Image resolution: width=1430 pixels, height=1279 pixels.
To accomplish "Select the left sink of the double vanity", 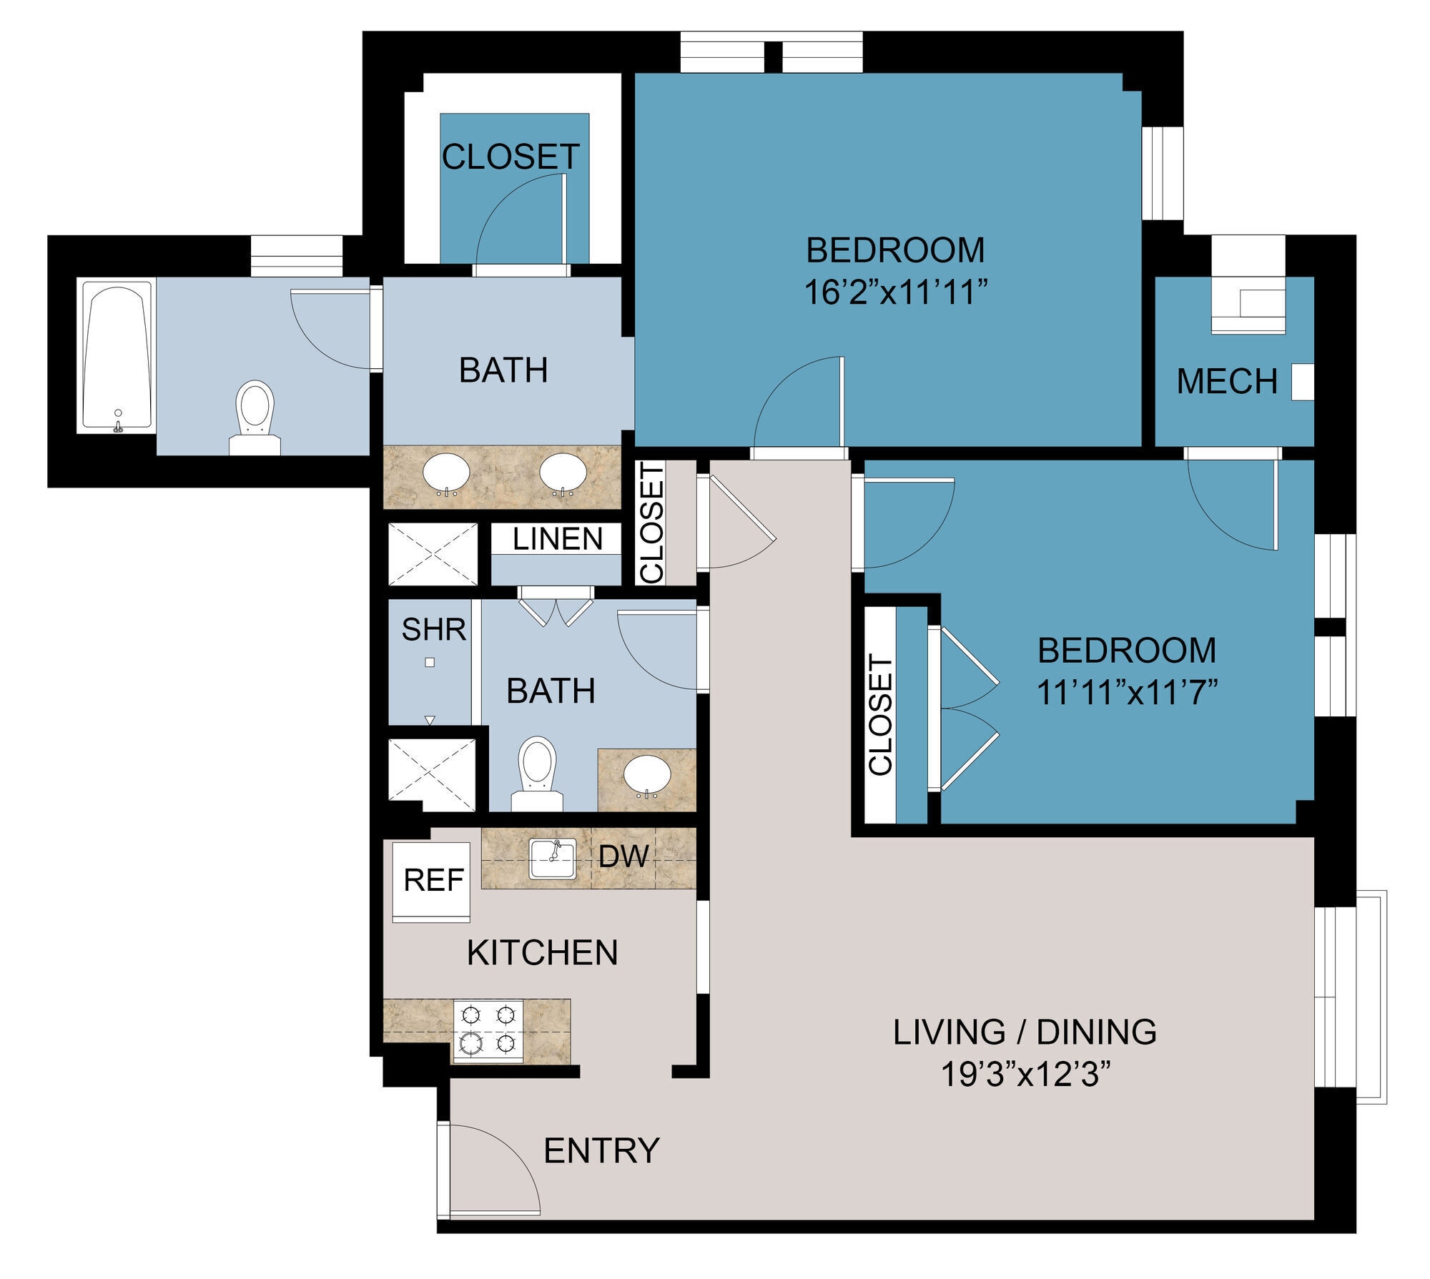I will point(446,473).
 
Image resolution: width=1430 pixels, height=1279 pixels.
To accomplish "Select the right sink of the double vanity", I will point(563,473).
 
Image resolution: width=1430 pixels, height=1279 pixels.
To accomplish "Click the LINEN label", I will point(557,539).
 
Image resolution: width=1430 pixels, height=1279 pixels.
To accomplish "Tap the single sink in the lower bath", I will point(647,775).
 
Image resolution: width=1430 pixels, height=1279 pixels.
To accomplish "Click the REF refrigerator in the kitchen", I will point(433,880).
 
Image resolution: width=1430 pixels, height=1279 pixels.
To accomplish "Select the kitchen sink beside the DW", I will point(552,859).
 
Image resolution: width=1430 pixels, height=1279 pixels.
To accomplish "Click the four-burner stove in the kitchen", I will point(488,1030).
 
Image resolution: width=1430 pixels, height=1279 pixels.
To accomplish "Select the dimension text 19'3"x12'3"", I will point(1025,1075).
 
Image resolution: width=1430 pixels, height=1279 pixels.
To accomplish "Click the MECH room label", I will point(1227,381).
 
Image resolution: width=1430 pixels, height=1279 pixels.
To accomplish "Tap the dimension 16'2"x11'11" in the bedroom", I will point(895,292).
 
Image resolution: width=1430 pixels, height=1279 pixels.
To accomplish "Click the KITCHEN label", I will point(542,953).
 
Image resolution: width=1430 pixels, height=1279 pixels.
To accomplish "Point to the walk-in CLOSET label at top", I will point(511,157).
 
